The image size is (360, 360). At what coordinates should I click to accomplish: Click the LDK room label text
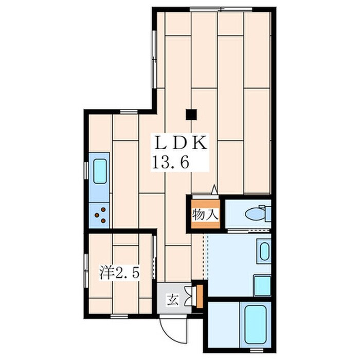coord(180,143)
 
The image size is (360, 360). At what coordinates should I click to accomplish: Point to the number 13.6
coord(170,163)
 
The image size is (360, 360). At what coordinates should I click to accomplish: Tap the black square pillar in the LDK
coord(191,114)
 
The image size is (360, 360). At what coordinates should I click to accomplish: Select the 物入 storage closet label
coord(205,215)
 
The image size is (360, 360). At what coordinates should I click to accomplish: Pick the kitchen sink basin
coord(100,171)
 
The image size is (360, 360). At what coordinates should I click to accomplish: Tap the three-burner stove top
coord(99,215)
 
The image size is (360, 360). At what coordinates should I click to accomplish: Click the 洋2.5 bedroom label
coord(119,272)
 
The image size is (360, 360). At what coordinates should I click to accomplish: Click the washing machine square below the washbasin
coord(262,285)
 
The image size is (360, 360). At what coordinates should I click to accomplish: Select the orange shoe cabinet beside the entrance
coord(200,296)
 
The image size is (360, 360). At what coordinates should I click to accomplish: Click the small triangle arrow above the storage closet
coord(214,190)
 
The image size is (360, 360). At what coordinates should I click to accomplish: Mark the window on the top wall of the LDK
coord(221,9)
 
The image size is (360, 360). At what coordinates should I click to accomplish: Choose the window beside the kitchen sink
coord(86,170)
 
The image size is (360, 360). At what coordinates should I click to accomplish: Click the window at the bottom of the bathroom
coord(256,350)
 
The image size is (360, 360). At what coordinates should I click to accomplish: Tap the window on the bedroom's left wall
coord(86,271)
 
